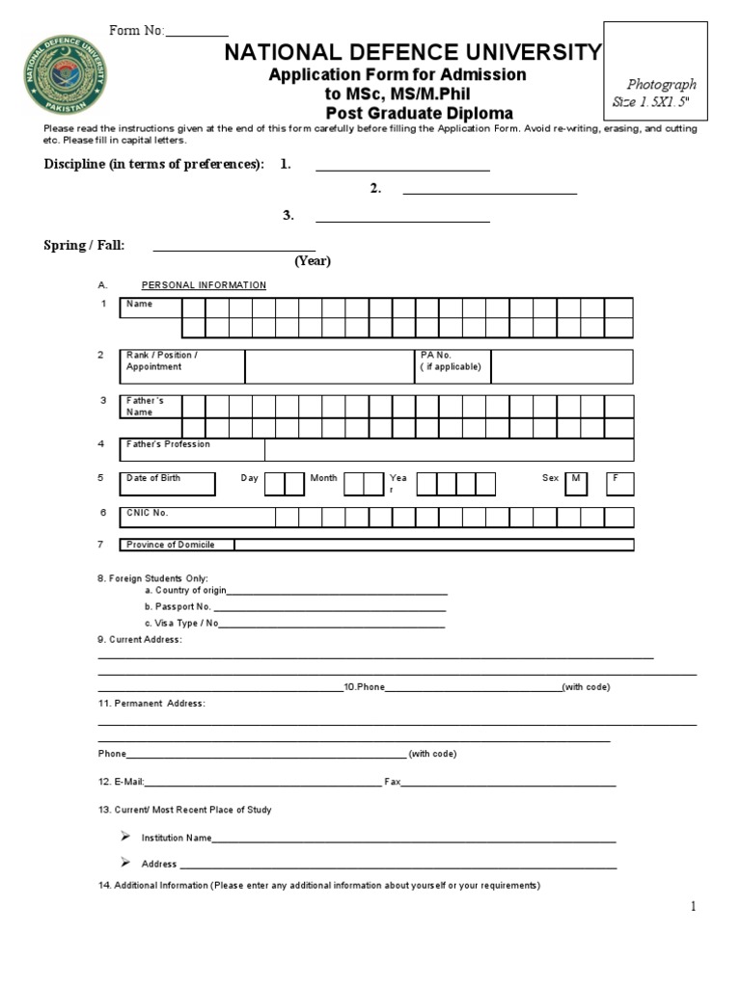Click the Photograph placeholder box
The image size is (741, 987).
pyautogui.click(x=662, y=93)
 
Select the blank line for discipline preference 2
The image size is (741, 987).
pyautogui.click(x=489, y=193)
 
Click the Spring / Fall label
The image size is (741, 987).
pyautogui.click(x=84, y=246)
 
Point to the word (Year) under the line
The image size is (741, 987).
pyautogui.click(x=313, y=261)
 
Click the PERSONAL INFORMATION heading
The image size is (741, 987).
pyautogui.click(x=204, y=285)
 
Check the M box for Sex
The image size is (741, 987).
pyautogui.click(x=576, y=483)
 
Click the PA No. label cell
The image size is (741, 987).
pyautogui.click(x=452, y=366)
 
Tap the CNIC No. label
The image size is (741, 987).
pyautogui.click(x=148, y=513)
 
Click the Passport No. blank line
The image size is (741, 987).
pyautogui.click(x=329, y=610)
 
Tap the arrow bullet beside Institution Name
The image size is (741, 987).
pyautogui.click(x=125, y=836)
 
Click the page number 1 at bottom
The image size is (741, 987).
pyautogui.click(x=693, y=906)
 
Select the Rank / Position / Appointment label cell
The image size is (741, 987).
pyautogui.click(x=183, y=366)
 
